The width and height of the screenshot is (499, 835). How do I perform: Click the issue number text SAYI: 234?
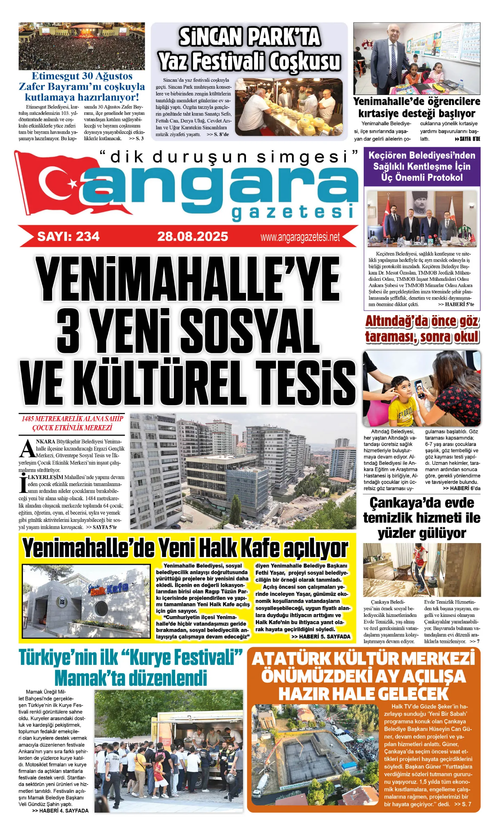pyautogui.click(x=69, y=237)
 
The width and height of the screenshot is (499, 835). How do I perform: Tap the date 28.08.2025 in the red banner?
pyautogui.click(x=193, y=237)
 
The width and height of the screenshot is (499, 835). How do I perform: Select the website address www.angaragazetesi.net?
pyautogui.click(x=300, y=237)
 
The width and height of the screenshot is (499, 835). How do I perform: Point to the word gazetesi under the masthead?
pyautogui.click(x=293, y=213)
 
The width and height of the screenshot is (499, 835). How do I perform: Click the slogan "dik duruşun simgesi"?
pyautogui.click(x=228, y=157)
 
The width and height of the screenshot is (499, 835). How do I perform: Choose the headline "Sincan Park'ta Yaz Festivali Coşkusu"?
pyautogui.click(x=249, y=49)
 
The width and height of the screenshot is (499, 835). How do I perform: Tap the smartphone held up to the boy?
pyautogui.click(x=420, y=389)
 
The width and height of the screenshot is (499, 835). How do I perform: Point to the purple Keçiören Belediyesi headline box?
pyautogui.click(x=422, y=167)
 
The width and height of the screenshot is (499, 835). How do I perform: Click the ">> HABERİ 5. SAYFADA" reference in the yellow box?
pyautogui.click(x=321, y=636)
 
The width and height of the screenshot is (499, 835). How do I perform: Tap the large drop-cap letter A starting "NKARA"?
pyautogui.click(x=27, y=449)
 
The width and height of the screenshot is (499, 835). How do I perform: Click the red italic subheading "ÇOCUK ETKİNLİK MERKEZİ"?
pyautogui.click(x=72, y=428)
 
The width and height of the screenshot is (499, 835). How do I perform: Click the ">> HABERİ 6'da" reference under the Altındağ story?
pyautogui.click(x=461, y=488)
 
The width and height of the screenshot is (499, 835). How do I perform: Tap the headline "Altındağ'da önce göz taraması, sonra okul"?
pyautogui.click(x=422, y=329)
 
